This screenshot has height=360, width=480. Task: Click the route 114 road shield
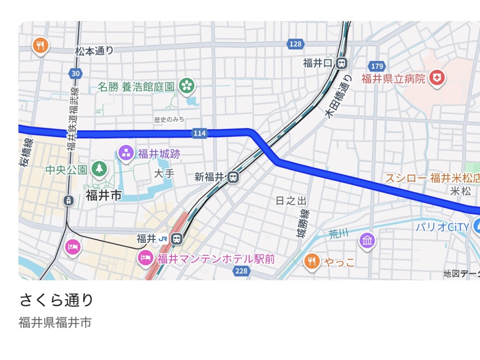(200, 133)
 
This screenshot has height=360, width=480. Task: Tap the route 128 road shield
(296, 44)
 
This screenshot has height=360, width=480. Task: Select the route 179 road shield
(377, 66)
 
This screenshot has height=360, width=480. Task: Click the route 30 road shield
(74, 73)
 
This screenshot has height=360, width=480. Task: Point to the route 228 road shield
(241, 272)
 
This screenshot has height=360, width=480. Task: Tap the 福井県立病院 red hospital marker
(437, 78)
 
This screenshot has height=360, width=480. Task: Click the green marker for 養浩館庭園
(186, 86)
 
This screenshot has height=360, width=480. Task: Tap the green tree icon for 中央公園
(99, 168)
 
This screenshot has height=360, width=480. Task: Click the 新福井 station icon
(233, 177)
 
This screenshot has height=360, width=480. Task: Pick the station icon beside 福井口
(341, 62)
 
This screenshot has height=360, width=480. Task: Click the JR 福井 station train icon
(177, 238)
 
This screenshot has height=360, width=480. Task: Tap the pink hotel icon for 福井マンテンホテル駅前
(145, 258)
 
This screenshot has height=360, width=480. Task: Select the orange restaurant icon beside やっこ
(312, 261)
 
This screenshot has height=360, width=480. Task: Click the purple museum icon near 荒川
(367, 240)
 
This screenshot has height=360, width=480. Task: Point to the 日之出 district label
(291, 201)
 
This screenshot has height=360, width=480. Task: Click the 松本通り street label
(94, 50)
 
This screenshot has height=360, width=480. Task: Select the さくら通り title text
(56, 300)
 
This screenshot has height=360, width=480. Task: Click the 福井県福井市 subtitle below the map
(55, 322)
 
